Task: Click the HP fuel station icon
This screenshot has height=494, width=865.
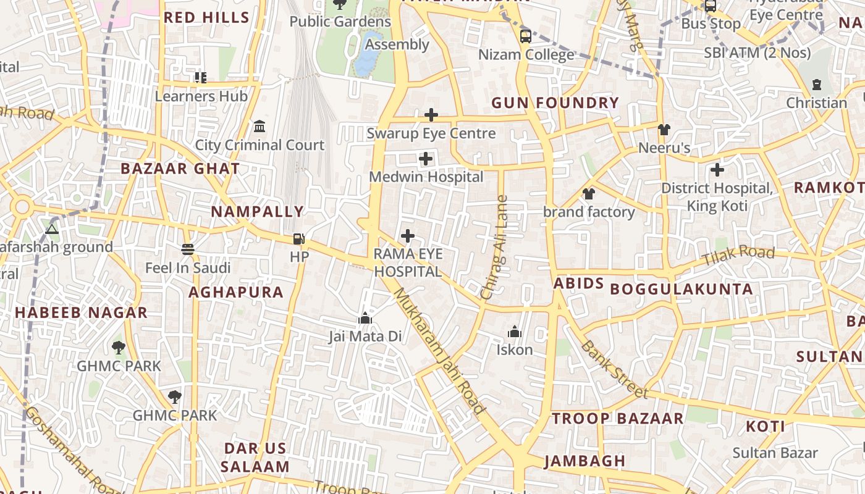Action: tap(298, 239)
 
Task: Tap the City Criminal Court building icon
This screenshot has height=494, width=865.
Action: tap(259, 127)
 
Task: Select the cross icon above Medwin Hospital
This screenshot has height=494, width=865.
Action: tap(426, 159)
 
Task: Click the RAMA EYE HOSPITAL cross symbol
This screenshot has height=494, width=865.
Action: tap(408, 236)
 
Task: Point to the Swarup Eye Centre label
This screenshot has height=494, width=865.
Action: tap(431, 133)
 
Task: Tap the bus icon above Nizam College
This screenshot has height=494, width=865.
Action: tap(525, 36)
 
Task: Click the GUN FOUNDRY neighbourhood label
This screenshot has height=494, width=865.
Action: tap(555, 103)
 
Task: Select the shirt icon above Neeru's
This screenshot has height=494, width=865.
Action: tap(664, 130)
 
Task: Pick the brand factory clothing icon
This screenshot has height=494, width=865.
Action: tap(588, 194)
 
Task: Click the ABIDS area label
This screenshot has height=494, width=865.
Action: tap(578, 283)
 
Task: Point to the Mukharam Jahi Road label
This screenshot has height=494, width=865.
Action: tap(439, 350)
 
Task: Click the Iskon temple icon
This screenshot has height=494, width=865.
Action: tap(515, 332)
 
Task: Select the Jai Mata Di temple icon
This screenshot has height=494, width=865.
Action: tap(365, 319)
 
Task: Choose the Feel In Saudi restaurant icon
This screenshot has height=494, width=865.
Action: tap(188, 249)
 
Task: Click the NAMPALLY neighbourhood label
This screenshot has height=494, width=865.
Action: tap(258, 212)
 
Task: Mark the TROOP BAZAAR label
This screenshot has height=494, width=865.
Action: tap(618, 419)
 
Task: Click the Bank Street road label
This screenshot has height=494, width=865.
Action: tap(614, 369)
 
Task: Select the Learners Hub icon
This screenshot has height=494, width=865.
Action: tap(201, 78)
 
